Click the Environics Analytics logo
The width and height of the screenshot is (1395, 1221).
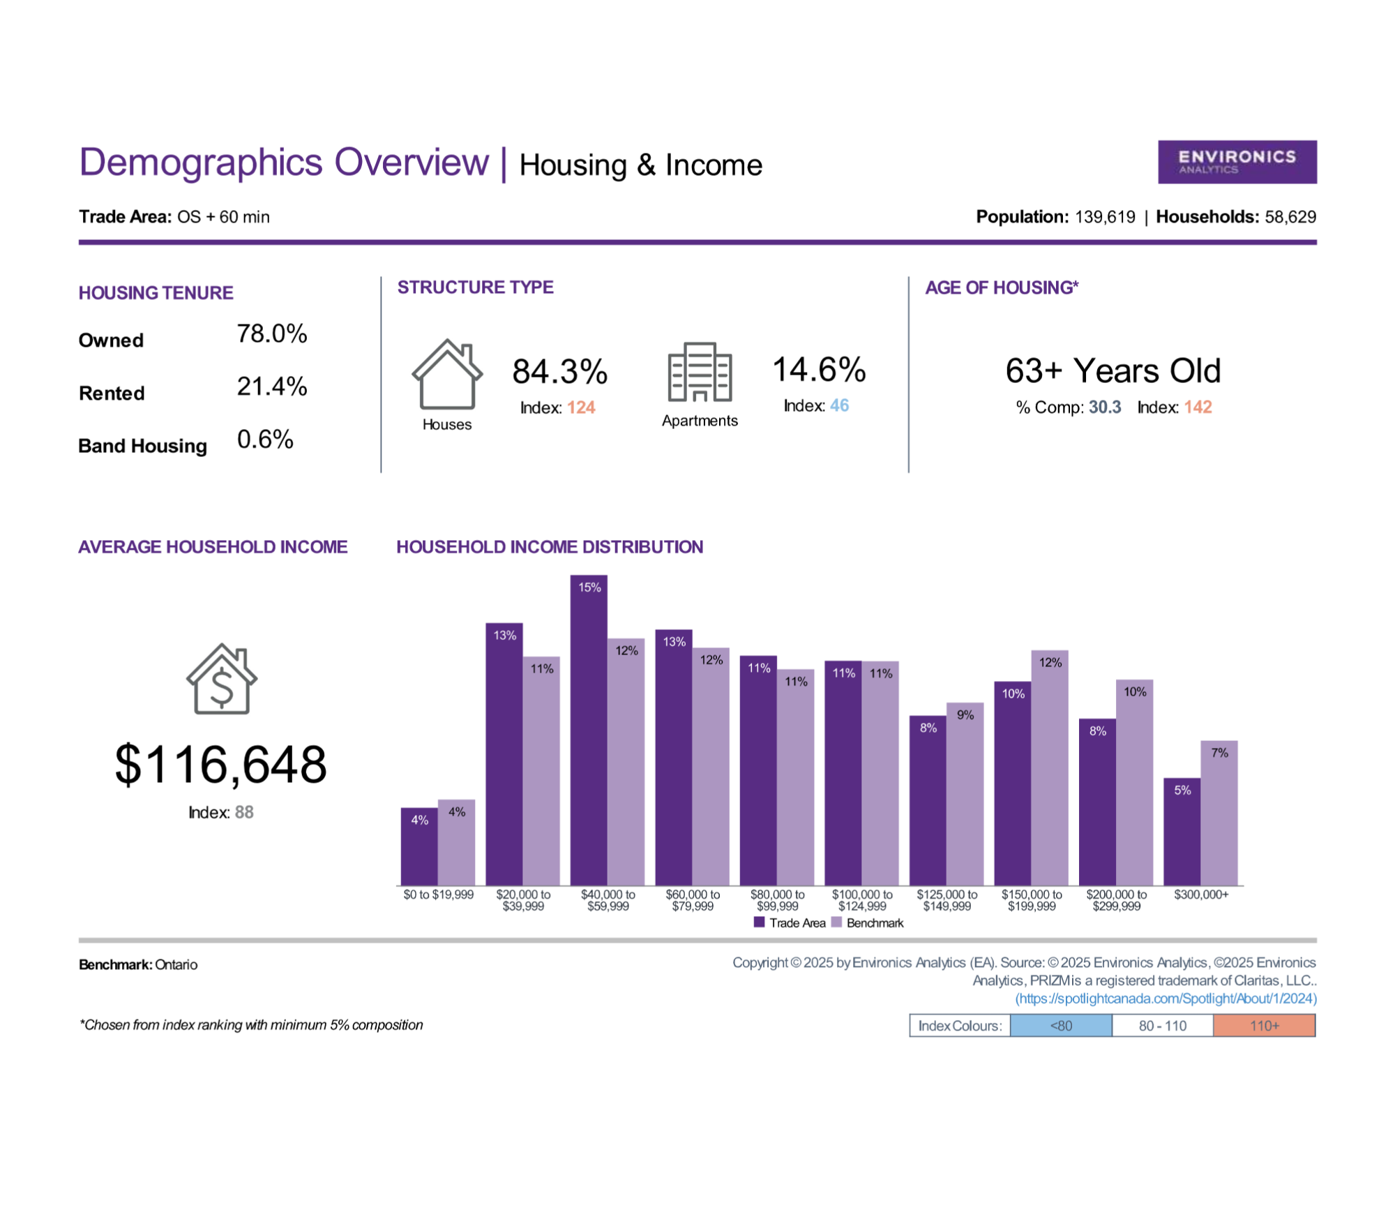point(1237,162)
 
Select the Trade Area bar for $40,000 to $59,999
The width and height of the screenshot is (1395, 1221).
point(589,730)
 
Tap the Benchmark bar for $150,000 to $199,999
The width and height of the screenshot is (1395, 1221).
point(1050,767)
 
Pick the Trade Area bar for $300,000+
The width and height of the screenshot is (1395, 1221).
point(1182,832)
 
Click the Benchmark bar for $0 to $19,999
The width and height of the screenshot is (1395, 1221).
point(456,842)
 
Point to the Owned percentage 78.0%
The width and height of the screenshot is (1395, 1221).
point(272,334)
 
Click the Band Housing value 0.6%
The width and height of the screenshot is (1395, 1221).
point(265,439)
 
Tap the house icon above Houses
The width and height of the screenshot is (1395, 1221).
point(447,374)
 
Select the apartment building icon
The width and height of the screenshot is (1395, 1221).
point(700,372)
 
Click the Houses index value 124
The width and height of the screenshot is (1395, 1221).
point(581,407)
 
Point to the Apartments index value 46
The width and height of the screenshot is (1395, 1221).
point(839,405)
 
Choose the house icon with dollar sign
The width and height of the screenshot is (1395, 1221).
point(222,678)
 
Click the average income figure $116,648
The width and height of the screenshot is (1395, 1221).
point(220,765)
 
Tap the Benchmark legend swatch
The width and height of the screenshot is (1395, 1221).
point(837,922)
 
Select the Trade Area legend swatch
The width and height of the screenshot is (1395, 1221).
point(760,922)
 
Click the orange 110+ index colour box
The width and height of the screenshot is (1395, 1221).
point(1265,1026)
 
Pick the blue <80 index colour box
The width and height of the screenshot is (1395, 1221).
point(1061,1026)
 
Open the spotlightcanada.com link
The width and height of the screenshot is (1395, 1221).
point(1166,998)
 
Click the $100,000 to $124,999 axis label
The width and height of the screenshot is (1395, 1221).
point(862,900)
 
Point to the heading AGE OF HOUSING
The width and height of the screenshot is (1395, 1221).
point(1002,287)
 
